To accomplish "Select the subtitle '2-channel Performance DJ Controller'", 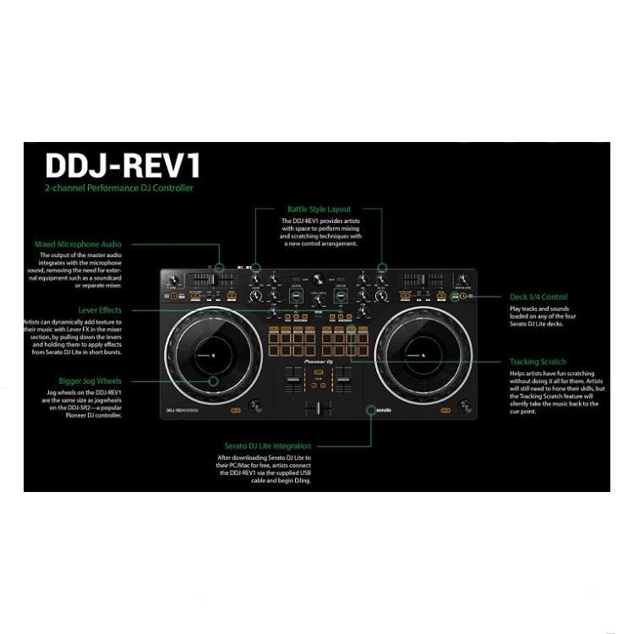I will pyautogui.click(x=119, y=188).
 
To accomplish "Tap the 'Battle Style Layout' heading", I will pyautogui.click(x=319, y=209).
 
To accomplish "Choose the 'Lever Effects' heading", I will pyautogui.click(x=100, y=310).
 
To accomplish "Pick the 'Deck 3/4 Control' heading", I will pyautogui.click(x=538, y=297).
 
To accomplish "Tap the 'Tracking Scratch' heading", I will pyautogui.click(x=538, y=362).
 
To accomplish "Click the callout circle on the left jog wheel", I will pyautogui.click(x=213, y=381).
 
